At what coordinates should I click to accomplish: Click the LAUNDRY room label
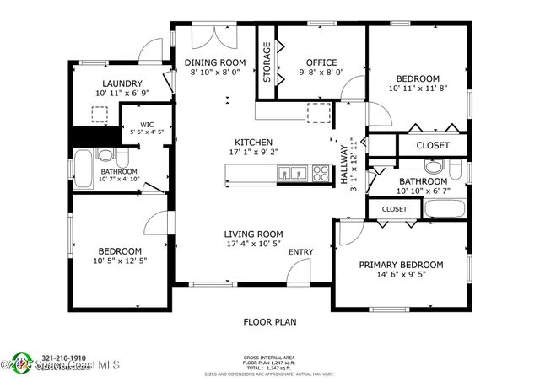(121, 83)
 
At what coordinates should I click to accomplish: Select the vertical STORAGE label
(267, 62)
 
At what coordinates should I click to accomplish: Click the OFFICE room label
(321, 62)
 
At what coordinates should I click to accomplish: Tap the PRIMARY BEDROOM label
(401, 265)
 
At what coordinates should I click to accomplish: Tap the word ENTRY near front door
(300, 251)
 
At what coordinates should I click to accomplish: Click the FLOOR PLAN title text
(270, 321)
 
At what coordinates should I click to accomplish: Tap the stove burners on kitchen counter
(321, 175)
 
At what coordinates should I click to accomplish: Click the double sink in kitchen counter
(292, 175)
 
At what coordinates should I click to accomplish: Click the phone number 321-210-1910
(64, 358)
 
